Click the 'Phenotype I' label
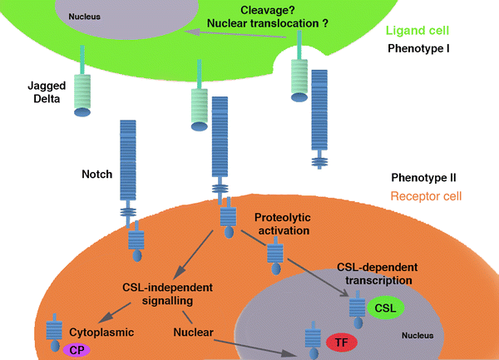(x=418, y=48)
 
